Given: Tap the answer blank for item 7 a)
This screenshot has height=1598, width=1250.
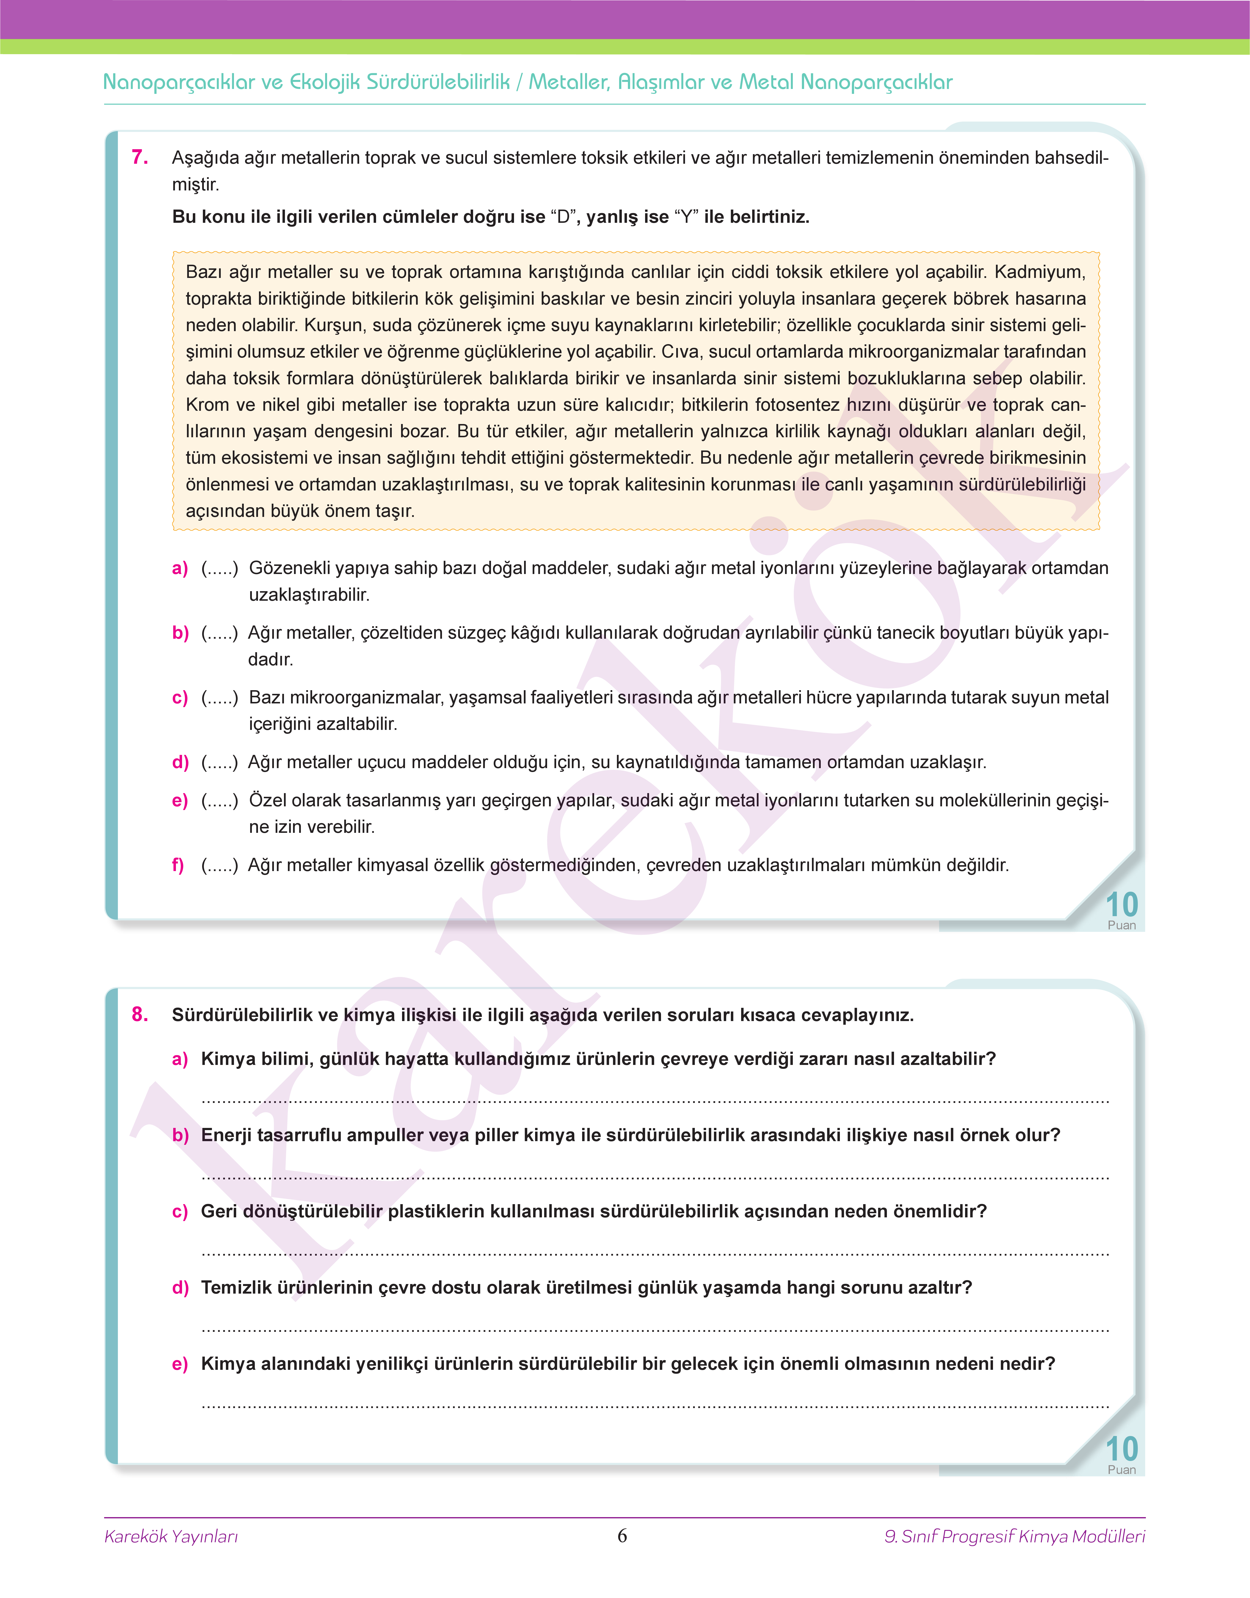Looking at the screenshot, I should pyautogui.click(x=220, y=569).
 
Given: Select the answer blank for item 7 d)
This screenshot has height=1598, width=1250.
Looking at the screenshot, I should pyautogui.click(x=220, y=763).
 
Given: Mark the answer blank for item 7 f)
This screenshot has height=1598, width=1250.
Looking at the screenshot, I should pyautogui.click(x=220, y=866).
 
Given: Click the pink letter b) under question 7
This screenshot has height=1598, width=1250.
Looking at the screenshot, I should pyautogui.click(x=180, y=633).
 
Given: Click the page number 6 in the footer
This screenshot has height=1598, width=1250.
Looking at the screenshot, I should pyautogui.click(x=622, y=1536).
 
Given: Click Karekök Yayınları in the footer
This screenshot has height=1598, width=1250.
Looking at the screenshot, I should pyautogui.click(x=171, y=1536).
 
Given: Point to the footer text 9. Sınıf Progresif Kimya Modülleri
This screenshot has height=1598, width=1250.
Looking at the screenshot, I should pyautogui.click(x=1014, y=1536).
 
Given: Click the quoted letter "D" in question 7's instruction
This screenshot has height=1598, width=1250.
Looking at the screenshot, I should pyautogui.click(x=563, y=217).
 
